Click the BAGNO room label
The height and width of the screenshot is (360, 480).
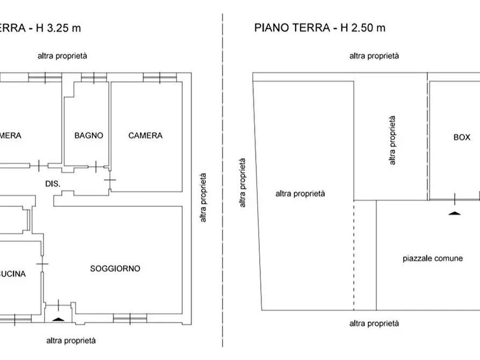[89, 136]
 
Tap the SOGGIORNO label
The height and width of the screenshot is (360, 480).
[115, 268]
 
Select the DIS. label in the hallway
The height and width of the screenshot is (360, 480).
[52, 184]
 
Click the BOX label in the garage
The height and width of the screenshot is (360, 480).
[462, 138]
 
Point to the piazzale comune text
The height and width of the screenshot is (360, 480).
[432, 258]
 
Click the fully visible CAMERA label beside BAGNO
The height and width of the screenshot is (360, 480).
[145, 136]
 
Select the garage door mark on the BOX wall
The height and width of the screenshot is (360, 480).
[455, 199]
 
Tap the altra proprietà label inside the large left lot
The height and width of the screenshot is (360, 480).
[300, 194]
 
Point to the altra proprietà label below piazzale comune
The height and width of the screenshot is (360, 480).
[374, 323]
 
